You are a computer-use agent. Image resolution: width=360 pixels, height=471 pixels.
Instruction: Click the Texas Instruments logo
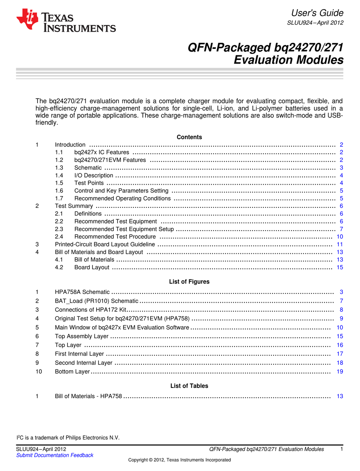(x=66, y=21)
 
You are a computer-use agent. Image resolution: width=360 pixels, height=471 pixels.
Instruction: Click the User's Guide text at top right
(x=317, y=13)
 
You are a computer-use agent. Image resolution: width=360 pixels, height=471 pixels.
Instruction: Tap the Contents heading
(x=189, y=137)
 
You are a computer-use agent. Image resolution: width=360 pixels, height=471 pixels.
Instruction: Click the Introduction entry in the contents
(x=70, y=145)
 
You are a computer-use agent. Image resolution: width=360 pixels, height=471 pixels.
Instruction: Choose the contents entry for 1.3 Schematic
(x=88, y=168)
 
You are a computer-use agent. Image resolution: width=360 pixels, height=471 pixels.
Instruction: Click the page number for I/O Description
(x=341, y=176)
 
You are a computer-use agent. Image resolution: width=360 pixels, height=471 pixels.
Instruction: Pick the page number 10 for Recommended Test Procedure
(x=340, y=237)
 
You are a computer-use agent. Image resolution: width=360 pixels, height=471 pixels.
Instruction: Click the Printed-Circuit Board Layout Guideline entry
(x=105, y=244)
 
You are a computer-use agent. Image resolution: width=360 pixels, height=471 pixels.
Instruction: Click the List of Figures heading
(x=189, y=282)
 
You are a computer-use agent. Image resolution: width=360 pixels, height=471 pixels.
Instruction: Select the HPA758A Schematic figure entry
(x=82, y=292)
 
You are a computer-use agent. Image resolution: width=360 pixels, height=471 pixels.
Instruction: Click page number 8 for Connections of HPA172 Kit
(x=341, y=309)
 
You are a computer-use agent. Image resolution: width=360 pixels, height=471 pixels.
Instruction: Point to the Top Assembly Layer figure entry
(x=81, y=336)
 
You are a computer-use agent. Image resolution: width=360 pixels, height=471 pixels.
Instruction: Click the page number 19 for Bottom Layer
(x=340, y=372)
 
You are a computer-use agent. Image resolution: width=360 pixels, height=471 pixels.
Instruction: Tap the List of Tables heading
(x=189, y=386)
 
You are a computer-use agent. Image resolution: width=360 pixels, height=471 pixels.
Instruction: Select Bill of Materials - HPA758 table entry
(x=88, y=396)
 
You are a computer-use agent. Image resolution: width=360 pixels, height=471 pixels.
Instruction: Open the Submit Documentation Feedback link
(x=55, y=455)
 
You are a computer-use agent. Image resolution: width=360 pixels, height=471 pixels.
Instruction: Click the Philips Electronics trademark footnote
(x=68, y=438)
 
